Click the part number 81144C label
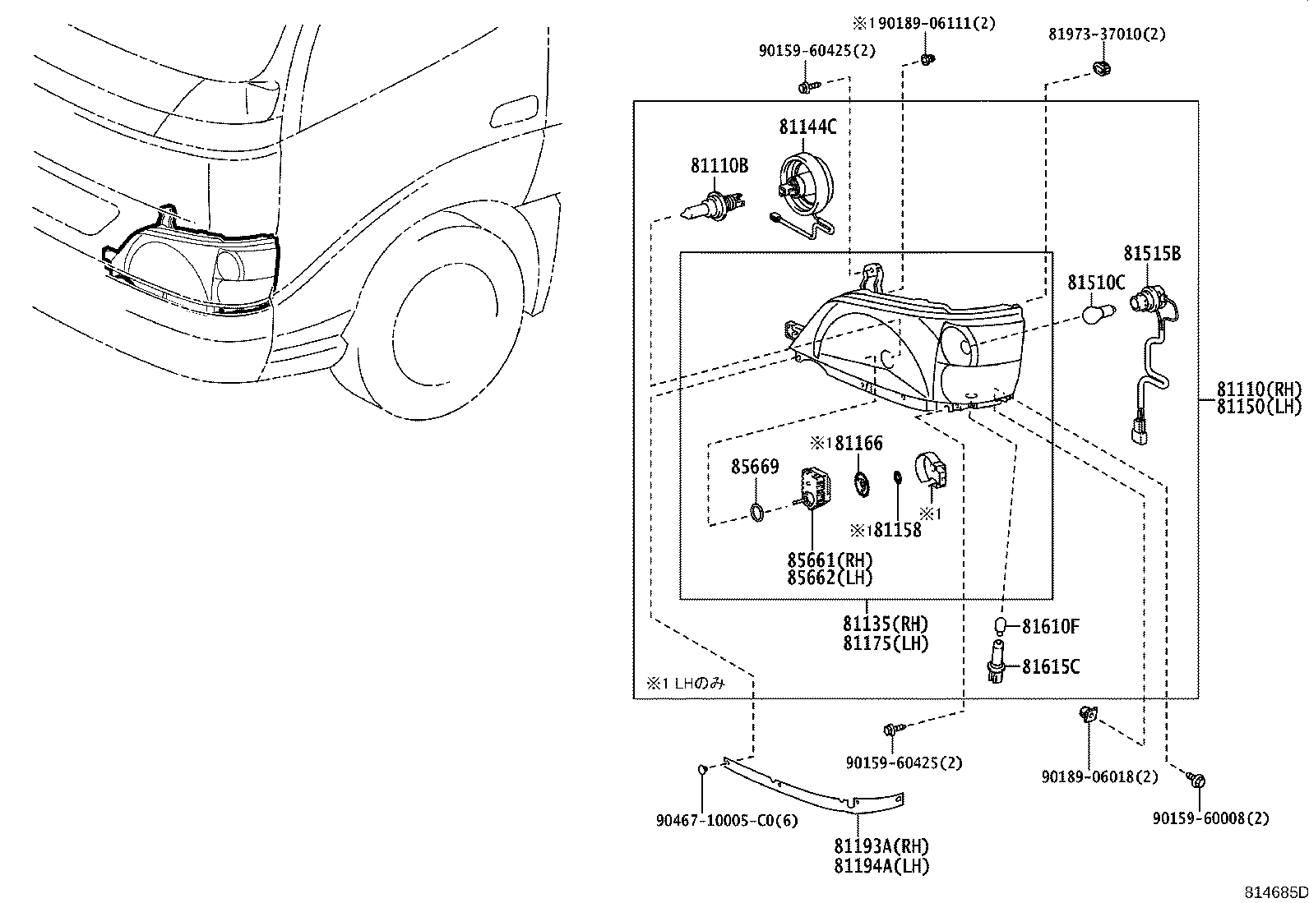coord(807,127)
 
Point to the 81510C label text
coord(1095,283)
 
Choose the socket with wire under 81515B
coord(1151,353)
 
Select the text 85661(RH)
coord(830,560)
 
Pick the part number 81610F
coord(1050,627)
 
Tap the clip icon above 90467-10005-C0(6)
coord(702,770)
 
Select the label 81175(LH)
coord(885,644)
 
